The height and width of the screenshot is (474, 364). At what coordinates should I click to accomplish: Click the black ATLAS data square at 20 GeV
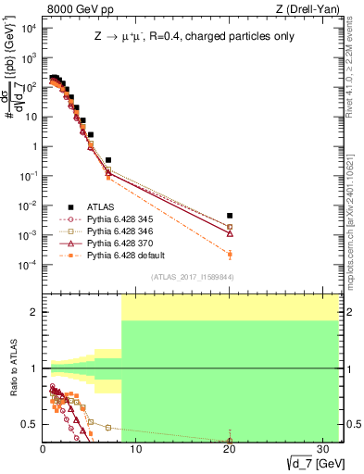230,216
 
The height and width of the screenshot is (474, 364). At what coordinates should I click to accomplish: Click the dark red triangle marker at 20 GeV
230,233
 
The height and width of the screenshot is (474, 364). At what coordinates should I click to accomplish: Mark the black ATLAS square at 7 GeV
108,160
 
